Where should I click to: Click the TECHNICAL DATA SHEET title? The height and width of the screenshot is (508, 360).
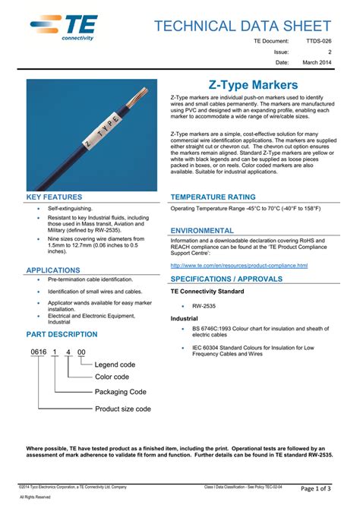242,26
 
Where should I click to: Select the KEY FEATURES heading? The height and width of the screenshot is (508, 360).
54,197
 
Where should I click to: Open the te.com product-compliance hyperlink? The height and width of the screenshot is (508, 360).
238,266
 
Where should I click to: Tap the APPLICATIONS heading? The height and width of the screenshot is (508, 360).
53,270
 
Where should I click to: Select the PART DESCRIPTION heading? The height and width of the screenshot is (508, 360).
62,334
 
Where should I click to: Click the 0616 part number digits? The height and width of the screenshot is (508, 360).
38,353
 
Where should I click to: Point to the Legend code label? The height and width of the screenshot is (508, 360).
115,365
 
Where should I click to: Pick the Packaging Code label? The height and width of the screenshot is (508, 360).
120,392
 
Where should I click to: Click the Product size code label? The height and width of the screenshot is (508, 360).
122,409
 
